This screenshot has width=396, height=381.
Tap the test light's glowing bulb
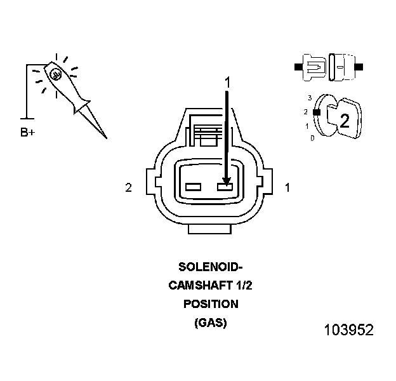pyautogui.click(x=56, y=75)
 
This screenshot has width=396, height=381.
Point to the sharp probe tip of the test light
pyautogui.click(x=105, y=137)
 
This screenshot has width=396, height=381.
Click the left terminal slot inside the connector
pyautogui.click(x=194, y=187)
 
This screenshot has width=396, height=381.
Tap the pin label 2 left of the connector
pyautogui.click(x=128, y=188)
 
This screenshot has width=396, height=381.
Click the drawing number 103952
pyautogui.click(x=348, y=330)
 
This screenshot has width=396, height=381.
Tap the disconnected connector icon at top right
pyautogui.click(x=329, y=66)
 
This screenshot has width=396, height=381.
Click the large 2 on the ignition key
pyautogui.click(x=344, y=121)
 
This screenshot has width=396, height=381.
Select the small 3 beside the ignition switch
pyautogui.click(x=309, y=98)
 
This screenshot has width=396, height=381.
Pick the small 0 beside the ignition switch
pyautogui.click(x=312, y=137)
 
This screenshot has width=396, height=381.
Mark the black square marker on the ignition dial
pyautogui.click(x=315, y=112)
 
